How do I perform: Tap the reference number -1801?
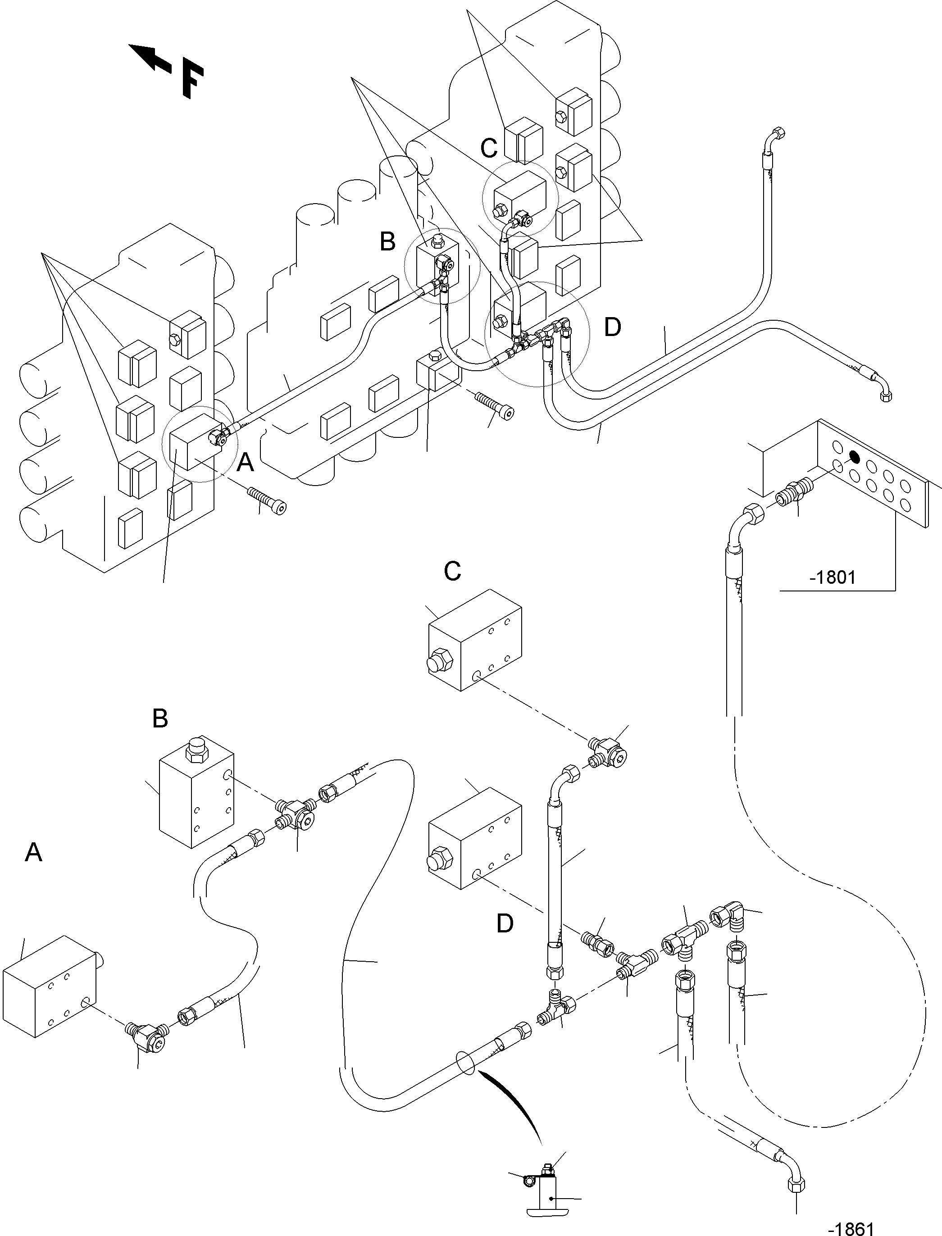(x=833, y=577)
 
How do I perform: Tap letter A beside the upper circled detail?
(x=246, y=463)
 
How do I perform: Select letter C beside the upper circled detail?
(x=489, y=149)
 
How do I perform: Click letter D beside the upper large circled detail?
(x=612, y=327)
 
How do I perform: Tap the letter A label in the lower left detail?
(x=34, y=853)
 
